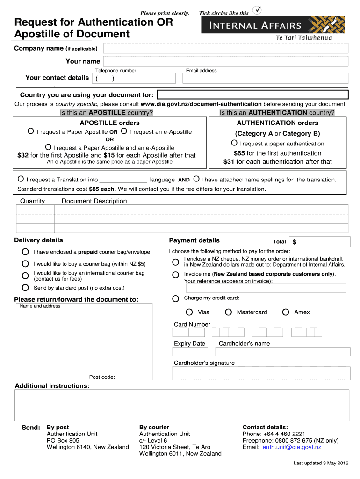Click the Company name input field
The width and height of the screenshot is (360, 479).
coord(225,48)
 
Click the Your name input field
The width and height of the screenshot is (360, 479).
coord(225,62)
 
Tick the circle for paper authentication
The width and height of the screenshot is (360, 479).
coord(234,143)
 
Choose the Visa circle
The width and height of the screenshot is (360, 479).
coord(189,312)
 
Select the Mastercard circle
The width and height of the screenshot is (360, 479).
coord(228,312)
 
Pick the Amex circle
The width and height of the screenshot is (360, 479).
coord(286,312)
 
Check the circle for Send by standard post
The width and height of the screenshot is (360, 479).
coord(25,288)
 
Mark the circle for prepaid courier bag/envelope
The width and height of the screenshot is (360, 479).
coord(25,252)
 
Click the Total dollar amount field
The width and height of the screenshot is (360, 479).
coord(320,242)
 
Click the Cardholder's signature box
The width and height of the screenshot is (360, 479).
coord(261,373)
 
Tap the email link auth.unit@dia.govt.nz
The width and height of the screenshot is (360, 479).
coord(292,447)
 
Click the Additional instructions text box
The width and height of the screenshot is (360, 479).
coord(182,406)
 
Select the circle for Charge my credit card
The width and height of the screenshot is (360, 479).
coord(175,298)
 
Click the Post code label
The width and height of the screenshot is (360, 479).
coord(102,377)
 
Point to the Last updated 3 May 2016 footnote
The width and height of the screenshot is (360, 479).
coord(321,463)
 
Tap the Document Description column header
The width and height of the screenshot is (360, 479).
coord(94,201)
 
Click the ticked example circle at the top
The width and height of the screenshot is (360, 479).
coord(257,10)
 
